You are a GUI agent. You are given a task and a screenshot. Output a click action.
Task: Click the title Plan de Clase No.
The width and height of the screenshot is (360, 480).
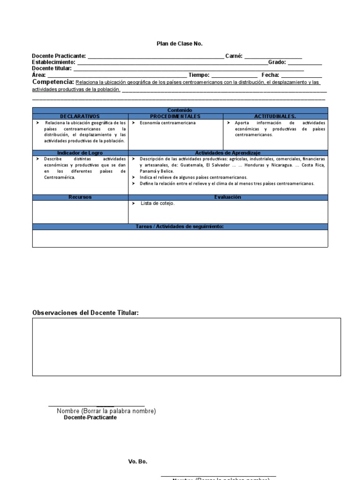180,44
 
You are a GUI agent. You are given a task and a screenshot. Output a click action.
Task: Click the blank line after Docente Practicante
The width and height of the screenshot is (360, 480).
156,57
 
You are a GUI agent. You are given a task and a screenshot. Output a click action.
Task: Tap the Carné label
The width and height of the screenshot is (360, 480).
233,56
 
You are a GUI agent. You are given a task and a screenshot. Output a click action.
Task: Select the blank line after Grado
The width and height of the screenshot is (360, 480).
305,63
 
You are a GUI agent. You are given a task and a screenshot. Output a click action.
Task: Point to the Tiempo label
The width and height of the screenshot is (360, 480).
199,75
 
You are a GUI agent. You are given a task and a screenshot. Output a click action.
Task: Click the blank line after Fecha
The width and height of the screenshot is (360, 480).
301,75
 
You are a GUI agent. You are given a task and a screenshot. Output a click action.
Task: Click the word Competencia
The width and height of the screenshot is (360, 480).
53,82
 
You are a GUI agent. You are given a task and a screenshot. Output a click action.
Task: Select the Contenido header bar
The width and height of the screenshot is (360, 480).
180,110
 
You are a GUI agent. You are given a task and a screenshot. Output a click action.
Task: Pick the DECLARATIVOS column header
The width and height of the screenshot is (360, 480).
80,116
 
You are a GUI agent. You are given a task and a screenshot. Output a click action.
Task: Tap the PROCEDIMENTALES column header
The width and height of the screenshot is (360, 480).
175,116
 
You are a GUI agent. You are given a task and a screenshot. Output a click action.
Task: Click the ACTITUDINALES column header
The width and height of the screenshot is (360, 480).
275,116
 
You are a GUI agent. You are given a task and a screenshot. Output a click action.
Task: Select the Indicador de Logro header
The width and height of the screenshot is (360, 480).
80,153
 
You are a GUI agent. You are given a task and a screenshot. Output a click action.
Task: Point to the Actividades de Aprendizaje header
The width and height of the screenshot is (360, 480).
227,153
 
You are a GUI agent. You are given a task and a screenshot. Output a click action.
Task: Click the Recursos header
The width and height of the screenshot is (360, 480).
80,197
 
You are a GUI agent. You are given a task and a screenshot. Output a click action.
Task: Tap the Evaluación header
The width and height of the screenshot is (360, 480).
227,197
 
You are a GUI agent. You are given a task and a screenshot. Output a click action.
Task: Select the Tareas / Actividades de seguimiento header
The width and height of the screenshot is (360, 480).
180,227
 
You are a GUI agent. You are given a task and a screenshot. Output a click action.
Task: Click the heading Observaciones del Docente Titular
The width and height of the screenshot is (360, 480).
85,313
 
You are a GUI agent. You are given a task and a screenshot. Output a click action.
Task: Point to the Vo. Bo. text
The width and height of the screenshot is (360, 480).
138,462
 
